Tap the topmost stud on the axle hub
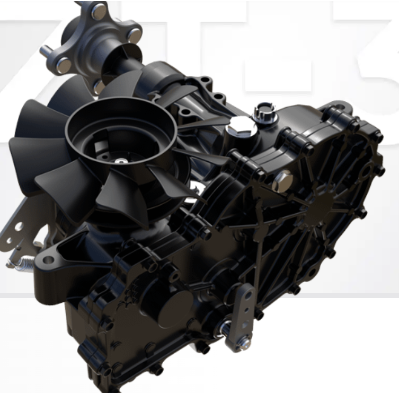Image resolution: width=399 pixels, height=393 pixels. [99, 11]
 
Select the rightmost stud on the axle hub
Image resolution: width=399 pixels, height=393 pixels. [135, 36]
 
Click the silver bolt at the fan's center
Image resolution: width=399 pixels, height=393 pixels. [121, 160]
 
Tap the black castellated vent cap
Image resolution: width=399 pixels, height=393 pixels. [262, 111]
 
